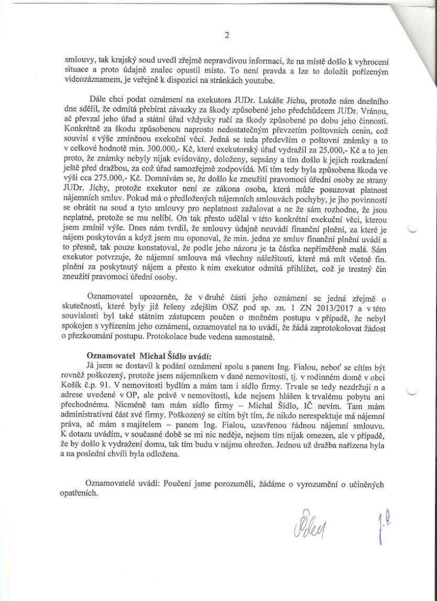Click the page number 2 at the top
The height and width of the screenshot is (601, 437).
[x=226, y=36]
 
